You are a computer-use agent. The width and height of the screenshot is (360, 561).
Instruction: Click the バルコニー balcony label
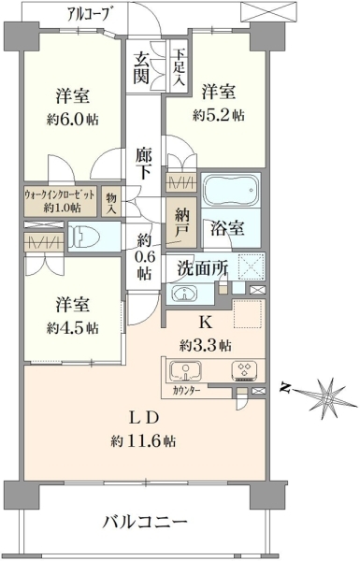[145, 523]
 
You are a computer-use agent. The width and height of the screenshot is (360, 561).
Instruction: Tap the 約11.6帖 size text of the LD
[143, 441]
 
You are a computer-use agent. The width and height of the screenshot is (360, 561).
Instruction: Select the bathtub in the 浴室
[231, 189]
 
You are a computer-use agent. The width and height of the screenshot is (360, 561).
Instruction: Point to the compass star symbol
[327, 397]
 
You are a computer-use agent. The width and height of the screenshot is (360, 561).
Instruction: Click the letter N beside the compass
[285, 388]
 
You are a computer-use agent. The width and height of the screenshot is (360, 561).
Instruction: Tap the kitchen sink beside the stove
[185, 370]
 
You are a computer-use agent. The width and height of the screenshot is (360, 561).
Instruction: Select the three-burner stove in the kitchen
[244, 370]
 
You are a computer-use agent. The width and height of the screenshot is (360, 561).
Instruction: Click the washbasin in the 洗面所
[184, 294]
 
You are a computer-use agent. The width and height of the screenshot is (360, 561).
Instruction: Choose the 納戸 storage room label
[181, 223]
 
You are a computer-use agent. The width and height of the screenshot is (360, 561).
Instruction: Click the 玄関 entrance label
[141, 68]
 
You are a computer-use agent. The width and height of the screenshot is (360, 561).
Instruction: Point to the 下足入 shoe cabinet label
[179, 67]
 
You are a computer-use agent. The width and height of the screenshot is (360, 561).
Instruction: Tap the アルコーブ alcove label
[88, 13]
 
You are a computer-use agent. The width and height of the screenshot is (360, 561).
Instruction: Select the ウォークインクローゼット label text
[60, 195]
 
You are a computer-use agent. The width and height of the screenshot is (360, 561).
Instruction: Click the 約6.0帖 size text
[73, 120]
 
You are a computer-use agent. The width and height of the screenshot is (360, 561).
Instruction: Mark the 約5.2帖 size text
[219, 115]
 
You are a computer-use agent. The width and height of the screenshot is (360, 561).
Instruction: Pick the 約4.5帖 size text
[73, 328]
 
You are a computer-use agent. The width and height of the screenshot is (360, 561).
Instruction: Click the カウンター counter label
[186, 390]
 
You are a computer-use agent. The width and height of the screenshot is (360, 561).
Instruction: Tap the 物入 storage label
[111, 204]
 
